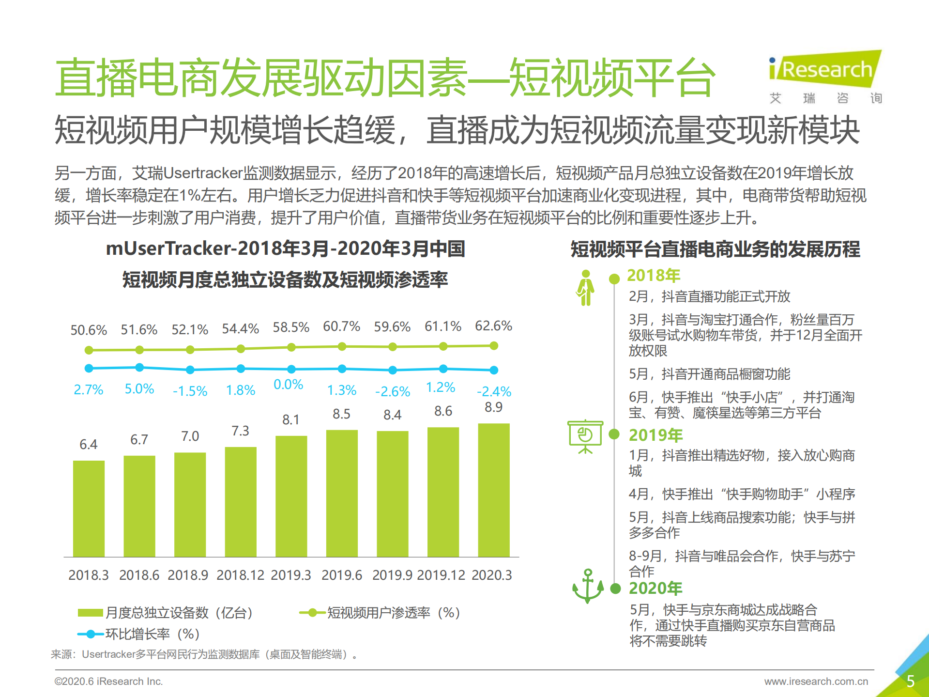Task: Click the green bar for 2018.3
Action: click(89, 509)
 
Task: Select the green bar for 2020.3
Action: click(493, 490)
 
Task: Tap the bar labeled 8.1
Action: click(291, 496)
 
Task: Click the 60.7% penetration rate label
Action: click(341, 326)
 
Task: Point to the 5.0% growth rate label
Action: click(139, 389)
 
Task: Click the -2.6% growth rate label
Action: click(393, 391)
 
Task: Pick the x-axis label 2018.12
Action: click(240, 575)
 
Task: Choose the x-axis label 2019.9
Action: click(392, 575)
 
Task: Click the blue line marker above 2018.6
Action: click(139, 368)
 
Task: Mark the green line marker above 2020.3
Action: click(493, 346)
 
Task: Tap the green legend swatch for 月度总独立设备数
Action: click(90, 613)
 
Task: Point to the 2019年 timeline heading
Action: click(655, 435)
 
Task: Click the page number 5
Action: click(910, 681)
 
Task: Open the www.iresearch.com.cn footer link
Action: click(816, 682)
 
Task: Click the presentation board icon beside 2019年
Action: click(585, 436)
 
